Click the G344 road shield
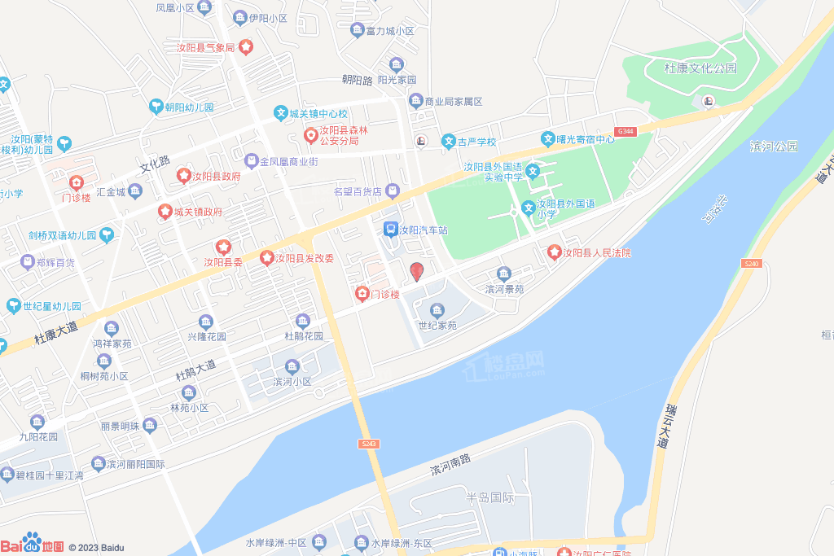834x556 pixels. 625,131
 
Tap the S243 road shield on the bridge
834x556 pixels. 368,443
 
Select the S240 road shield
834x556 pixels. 751,264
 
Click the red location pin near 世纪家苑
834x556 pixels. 416,272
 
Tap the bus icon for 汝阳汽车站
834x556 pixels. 390,230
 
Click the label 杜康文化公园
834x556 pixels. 700,68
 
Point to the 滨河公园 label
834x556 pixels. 774,147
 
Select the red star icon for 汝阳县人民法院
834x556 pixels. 555,253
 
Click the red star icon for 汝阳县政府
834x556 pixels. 184,176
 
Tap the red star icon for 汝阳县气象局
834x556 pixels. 245,47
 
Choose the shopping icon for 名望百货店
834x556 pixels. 393,191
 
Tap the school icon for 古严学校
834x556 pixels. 448,142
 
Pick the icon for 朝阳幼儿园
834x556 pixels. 156,107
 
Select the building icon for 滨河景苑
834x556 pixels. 504,274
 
